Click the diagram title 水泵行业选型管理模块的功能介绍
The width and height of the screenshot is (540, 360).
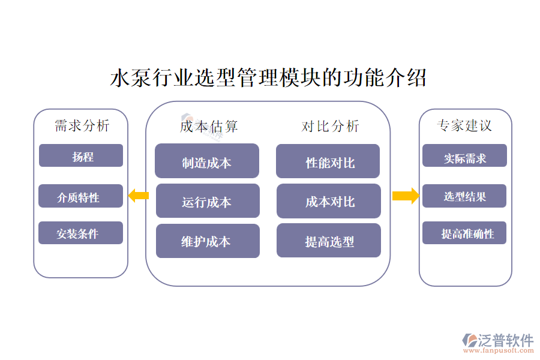pyautogui.click(x=268, y=79)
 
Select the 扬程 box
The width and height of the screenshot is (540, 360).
pyautogui.click(x=81, y=156)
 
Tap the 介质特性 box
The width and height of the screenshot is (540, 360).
pyautogui.click(x=80, y=196)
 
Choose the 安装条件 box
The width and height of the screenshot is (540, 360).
pyautogui.click(x=80, y=233)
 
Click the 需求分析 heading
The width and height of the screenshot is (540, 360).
pyautogui.click(x=82, y=126)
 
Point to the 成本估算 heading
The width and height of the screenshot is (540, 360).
pyautogui.click(x=209, y=126)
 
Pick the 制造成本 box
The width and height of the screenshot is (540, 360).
pyautogui.click(x=207, y=161)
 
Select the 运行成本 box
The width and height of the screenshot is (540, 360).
pyautogui.click(x=208, y=201)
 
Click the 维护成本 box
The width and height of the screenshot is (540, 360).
pyautogui.click(x=208, y=241)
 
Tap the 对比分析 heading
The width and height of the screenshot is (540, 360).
pyautogui.click(x=330, y=126)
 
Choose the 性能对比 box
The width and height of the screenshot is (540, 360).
pyautogui.click(x=328, y=161)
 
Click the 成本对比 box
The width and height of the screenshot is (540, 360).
pyautogui.click(x=329, y=201)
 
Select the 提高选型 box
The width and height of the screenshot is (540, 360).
pyautogui.click(x=329, y=241)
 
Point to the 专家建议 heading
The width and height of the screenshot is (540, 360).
pyautogui.click(x=465, y=126)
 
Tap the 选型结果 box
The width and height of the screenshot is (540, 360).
pyautogui.click(x=464, y=196)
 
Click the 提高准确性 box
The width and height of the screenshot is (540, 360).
pyautogui.click(x=464, y=233)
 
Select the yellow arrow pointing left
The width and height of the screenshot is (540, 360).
pyautogui.click(x=138, y=195)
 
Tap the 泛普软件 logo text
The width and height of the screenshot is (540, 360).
pyautogui.click(x=505, y=340)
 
